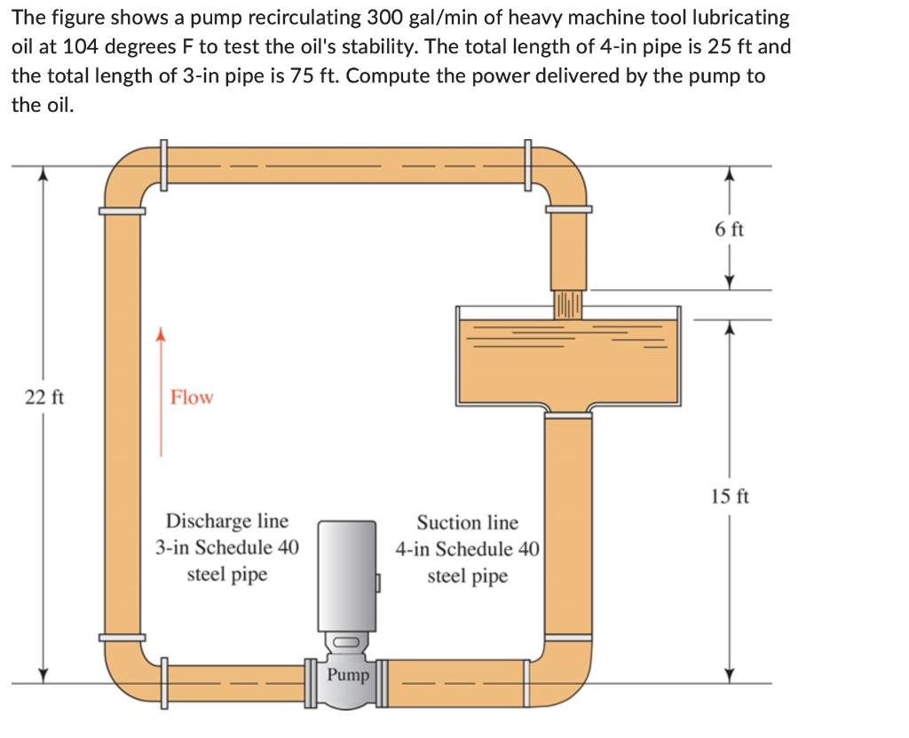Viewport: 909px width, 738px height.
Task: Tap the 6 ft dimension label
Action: [x=729, y=229]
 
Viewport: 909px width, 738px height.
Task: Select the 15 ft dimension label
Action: [x=730, y=496]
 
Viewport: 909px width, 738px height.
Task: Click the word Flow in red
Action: [x=192, y=397]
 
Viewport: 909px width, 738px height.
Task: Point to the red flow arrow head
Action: [x=161, y=334]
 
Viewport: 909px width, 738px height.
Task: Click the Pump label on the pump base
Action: [x=348, y=675]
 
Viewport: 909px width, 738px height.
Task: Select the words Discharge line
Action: [x=227, y=521]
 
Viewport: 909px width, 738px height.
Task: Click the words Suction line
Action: [x=467, y=522]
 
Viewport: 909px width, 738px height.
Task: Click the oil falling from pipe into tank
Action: [x=568, y=302]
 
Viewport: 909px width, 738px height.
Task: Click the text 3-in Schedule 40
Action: [x=227, y=547]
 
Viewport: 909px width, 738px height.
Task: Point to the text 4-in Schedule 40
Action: [x=467, y=549]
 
